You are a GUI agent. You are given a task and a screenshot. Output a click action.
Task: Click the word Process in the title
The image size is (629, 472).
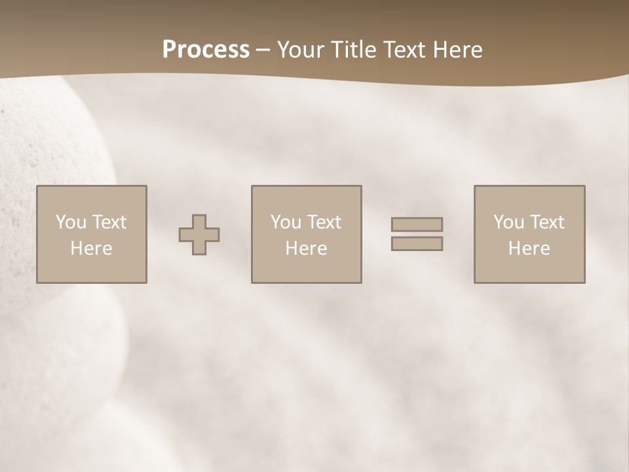(x=206, y=50)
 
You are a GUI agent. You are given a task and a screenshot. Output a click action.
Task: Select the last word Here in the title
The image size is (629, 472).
(x=459, y=50)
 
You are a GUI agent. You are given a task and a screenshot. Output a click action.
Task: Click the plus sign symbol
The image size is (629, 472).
(x=199, y=235)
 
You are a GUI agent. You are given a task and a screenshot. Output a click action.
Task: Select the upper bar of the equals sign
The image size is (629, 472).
(x=417, y=224)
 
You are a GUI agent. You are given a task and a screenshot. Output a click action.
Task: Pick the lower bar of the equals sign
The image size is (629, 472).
(x=417, y=244)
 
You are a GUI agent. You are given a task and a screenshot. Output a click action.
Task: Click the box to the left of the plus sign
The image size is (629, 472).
(x=91, y=234)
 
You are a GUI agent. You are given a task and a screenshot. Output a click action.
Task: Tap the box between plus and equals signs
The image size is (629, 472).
(x=306, y=234)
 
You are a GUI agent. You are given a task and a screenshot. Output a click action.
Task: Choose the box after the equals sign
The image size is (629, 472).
(x=529, y=234)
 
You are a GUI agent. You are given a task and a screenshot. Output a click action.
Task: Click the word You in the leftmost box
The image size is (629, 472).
(x=71, y=222)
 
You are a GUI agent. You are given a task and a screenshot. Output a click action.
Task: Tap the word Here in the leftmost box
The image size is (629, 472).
(x=91, y=248)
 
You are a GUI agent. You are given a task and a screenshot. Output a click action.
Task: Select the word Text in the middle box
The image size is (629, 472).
(x=324, y=222)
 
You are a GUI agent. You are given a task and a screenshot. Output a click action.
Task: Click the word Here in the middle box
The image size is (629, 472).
(x=306, y=248)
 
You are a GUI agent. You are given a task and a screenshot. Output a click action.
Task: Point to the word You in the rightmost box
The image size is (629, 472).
(x=508, y=222)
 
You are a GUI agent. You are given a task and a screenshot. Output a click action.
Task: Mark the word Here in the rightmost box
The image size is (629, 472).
(x=529, y=248)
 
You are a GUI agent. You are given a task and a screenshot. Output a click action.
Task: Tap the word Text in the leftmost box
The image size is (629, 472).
(x=109, y=222)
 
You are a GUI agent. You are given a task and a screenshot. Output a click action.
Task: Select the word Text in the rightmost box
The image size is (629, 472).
(x=547, y=222)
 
